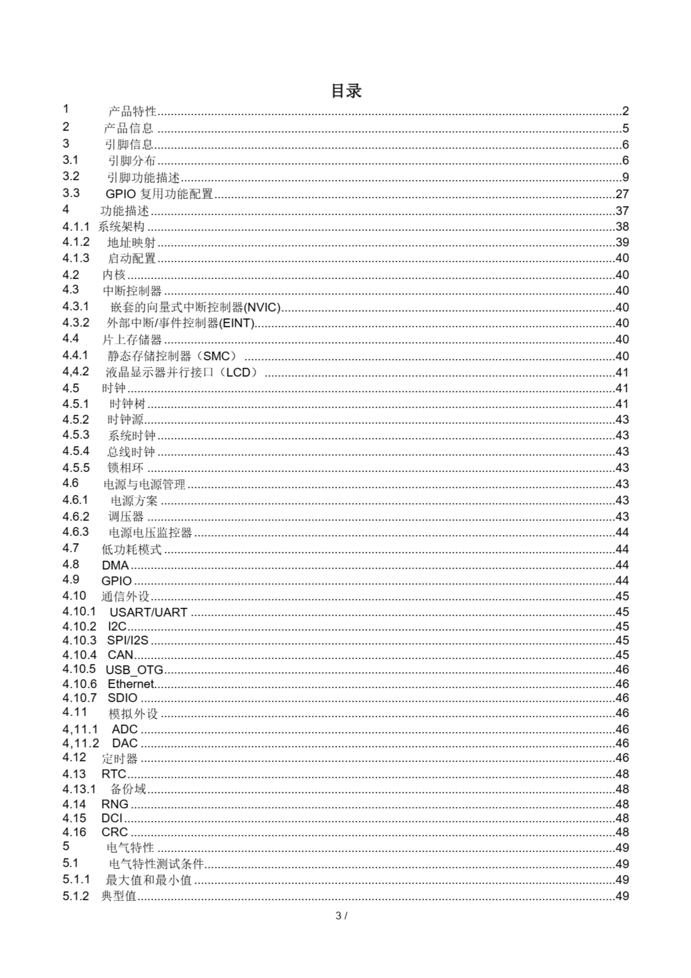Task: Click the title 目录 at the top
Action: (346, 91)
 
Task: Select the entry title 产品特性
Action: (132, 112)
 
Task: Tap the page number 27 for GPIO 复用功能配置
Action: (622, 194)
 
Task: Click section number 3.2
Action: (71, 176)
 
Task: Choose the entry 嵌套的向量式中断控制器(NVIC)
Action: (195, 307)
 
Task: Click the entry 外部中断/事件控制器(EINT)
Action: (181, 323)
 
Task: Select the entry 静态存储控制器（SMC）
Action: (172, 356)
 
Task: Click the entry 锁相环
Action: (125, 468)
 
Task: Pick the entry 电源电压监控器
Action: (150, 533)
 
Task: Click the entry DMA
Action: (115, 565)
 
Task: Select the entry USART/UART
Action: (148, 612)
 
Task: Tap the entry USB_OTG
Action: (134, 670)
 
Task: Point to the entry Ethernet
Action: (130, 684)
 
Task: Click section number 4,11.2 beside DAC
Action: (81, 743)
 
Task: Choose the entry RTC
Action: (114, 774)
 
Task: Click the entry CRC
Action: (114, 832)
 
